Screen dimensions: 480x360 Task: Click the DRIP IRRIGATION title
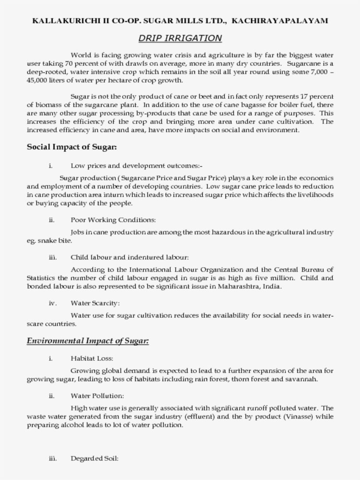(x=180, y=38)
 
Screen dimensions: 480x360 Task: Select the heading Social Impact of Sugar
(x=72, y=147)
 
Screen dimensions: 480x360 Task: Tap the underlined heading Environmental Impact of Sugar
(x=87, y=340)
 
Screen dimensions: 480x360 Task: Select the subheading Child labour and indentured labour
(x=130, y=257)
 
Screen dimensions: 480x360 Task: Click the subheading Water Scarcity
(x=95, y=303)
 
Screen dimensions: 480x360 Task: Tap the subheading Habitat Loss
(x=92, y=358)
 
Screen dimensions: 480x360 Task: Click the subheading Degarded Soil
(x=94, y=459)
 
